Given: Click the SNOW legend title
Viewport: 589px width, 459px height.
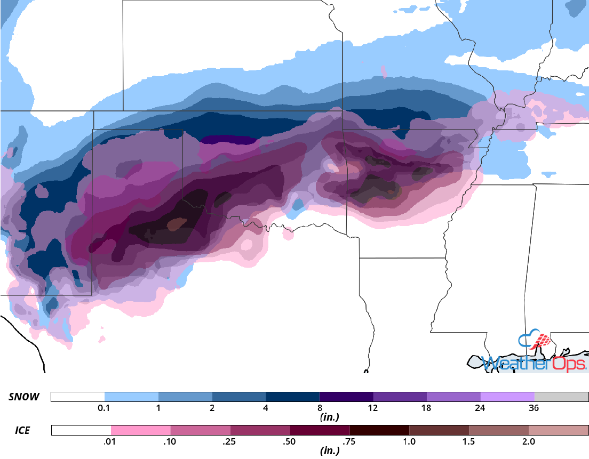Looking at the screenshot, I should (x=25, y=397).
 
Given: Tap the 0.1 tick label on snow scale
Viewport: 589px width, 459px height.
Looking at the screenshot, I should (x=105, y=408).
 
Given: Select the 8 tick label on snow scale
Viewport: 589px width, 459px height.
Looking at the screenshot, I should (x=320, y=408).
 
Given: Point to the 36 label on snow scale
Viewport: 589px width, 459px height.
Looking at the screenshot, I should (x=534, y=408).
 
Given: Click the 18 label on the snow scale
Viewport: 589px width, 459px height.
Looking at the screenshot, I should (x=427, y=408).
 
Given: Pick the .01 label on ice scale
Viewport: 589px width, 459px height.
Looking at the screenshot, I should (x=111, y=442).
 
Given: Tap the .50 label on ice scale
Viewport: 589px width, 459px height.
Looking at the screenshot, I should (x=290, y=442).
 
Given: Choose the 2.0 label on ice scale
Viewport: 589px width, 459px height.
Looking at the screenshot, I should (x=529, y=442).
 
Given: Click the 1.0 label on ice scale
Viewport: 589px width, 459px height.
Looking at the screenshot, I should (x=409, y=442).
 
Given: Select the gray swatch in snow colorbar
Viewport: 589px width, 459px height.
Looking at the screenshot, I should (x=561, y=397).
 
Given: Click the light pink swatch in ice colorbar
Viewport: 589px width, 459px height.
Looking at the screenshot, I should (x=141, y=430).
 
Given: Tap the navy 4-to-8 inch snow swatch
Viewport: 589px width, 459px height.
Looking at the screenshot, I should (x=292, y=397).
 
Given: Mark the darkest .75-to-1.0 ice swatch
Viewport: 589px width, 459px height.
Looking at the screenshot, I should (x=379, y=430).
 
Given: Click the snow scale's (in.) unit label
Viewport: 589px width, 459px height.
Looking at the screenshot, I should (x=329, y=417).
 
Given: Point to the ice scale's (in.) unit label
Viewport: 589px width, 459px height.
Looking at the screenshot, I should (x=329, y=451).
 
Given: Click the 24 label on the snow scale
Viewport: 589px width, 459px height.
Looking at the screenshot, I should (x=480, y=408).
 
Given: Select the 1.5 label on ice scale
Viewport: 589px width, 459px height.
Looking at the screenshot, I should (x=469, y=442).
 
